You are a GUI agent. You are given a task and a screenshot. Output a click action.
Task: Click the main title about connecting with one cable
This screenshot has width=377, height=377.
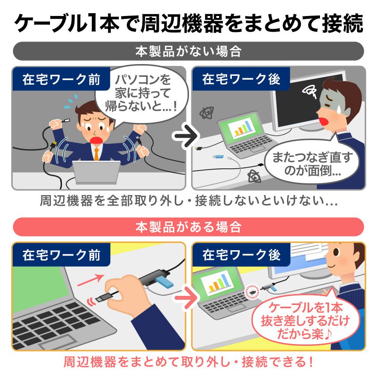[x=188, y=22]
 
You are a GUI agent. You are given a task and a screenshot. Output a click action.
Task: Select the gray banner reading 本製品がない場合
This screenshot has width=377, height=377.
[x=188, y=51]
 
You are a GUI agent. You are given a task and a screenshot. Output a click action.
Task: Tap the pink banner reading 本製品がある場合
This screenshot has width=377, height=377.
[x=188, y=227]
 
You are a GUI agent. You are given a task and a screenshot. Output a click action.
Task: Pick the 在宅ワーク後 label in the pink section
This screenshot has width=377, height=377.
[x=241, y=255]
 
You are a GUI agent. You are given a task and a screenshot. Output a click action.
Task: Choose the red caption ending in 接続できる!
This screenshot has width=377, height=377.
[x=188, y=363]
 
